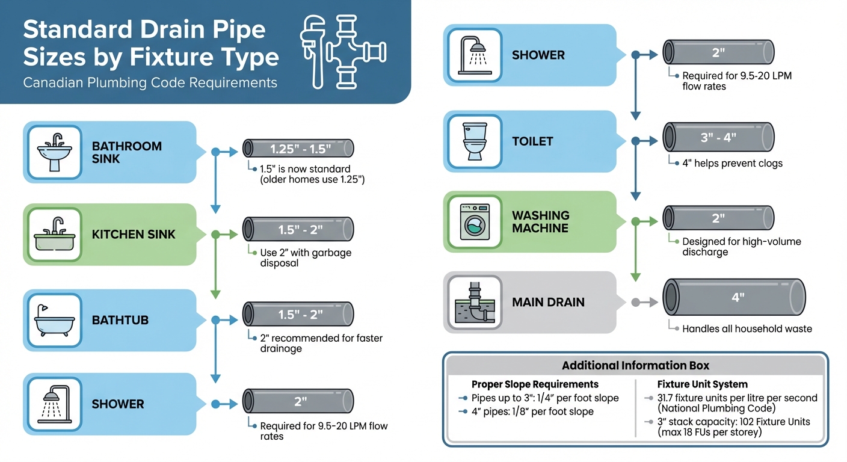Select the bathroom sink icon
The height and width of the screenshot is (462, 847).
coord(55,152)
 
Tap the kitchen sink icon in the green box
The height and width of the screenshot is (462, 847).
coord(55,235)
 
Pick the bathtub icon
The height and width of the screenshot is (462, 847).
coord(55,320)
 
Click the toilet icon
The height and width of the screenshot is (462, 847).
coord(473,141)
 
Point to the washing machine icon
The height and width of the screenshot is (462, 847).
coord(473,221)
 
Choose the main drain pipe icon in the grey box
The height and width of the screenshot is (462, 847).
coord(473,302)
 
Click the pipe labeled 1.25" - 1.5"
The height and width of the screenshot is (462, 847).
coord(298,149)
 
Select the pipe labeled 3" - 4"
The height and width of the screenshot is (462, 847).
coord(718,137)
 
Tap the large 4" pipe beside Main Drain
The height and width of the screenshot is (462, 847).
coord(734,297)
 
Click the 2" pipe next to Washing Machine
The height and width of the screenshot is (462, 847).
coord(718,218)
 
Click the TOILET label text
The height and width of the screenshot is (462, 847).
coord(532,141)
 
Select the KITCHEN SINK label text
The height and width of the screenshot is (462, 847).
coord(134,235)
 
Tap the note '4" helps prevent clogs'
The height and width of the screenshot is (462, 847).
coord(732,163)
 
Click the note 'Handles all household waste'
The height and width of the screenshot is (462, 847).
coord(747,328)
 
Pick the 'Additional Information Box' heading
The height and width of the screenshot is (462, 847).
coord(635,365)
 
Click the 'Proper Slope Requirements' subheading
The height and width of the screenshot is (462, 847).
coord(535,384)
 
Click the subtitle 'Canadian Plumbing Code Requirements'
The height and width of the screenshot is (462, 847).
coord(150,82)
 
